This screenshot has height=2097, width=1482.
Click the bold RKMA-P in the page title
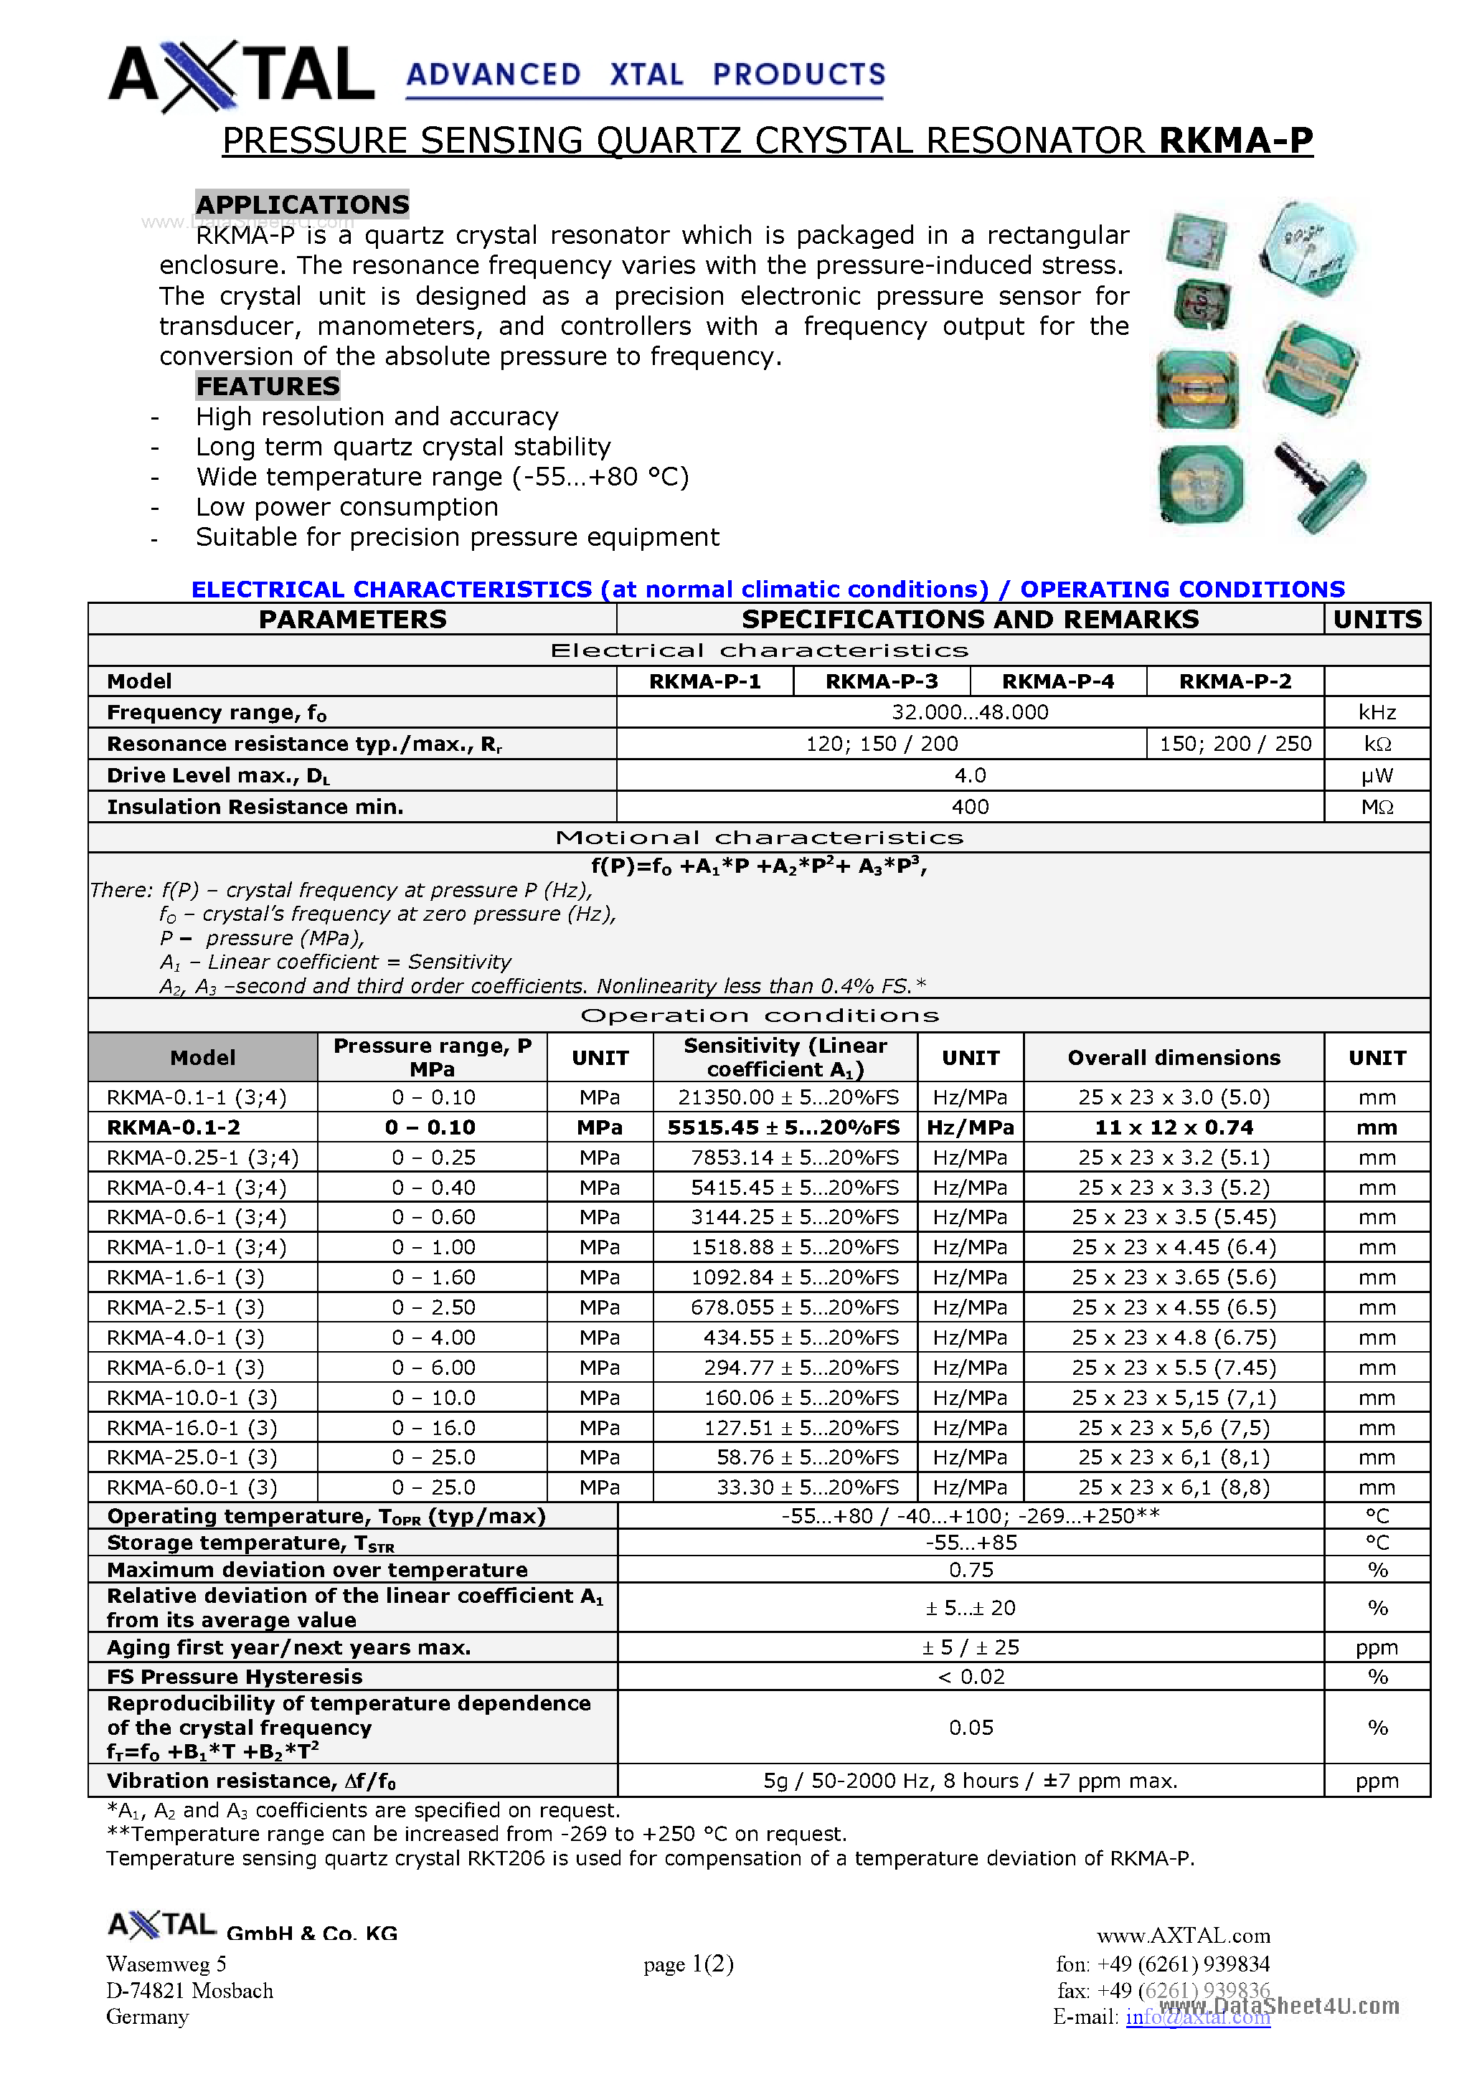[x=1235, y=141]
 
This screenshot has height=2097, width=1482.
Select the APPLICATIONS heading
[x=303, y=204]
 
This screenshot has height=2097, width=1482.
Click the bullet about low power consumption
[x=347, y=507]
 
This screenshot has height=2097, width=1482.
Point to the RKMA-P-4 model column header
[x=1057, y=681]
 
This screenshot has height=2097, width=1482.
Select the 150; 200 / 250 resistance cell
[x=1235, y=744]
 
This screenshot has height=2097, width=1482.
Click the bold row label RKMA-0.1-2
[x=173, y=1127]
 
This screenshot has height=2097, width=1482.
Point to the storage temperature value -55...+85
[x=971, y=1543]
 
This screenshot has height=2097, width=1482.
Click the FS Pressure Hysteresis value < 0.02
[x=971, y=1676]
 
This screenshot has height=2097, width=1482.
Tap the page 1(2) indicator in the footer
[x=688, y=1963]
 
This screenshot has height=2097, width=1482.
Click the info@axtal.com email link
[x=1197, y=2017]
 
